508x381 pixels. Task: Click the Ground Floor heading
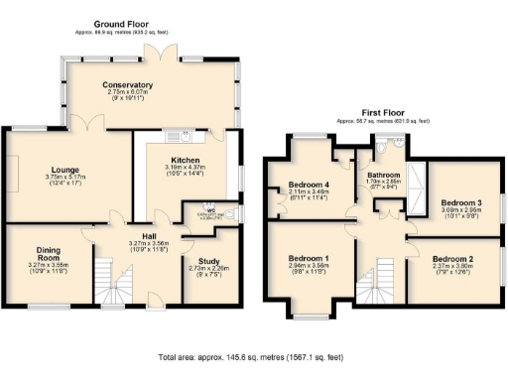(121, 23)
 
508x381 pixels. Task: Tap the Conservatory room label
(128, 85)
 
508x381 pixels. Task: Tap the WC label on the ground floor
(211, 209)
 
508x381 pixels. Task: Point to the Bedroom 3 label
(459, 201)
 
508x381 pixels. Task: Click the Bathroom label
(383, 174)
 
